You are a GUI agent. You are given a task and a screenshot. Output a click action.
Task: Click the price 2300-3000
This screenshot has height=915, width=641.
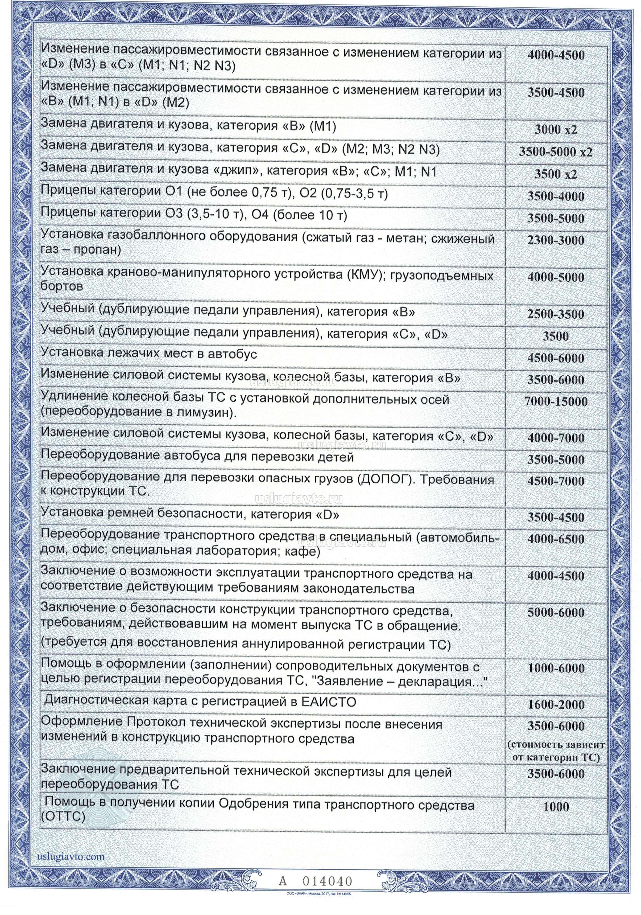[556, 240]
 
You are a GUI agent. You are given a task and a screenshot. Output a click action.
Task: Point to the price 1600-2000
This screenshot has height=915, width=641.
[556, 705]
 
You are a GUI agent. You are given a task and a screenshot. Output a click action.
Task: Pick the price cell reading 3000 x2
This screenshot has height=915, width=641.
[556, 130]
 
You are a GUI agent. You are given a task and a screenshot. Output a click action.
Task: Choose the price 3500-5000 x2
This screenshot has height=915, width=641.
[556, 152]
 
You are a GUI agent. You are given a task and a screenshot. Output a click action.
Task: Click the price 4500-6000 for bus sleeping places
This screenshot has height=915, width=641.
[556, 358]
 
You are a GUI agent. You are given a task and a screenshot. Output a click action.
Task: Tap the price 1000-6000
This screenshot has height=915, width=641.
[556, 668]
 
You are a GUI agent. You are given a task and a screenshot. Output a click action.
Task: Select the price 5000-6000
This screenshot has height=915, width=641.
[556, 613]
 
